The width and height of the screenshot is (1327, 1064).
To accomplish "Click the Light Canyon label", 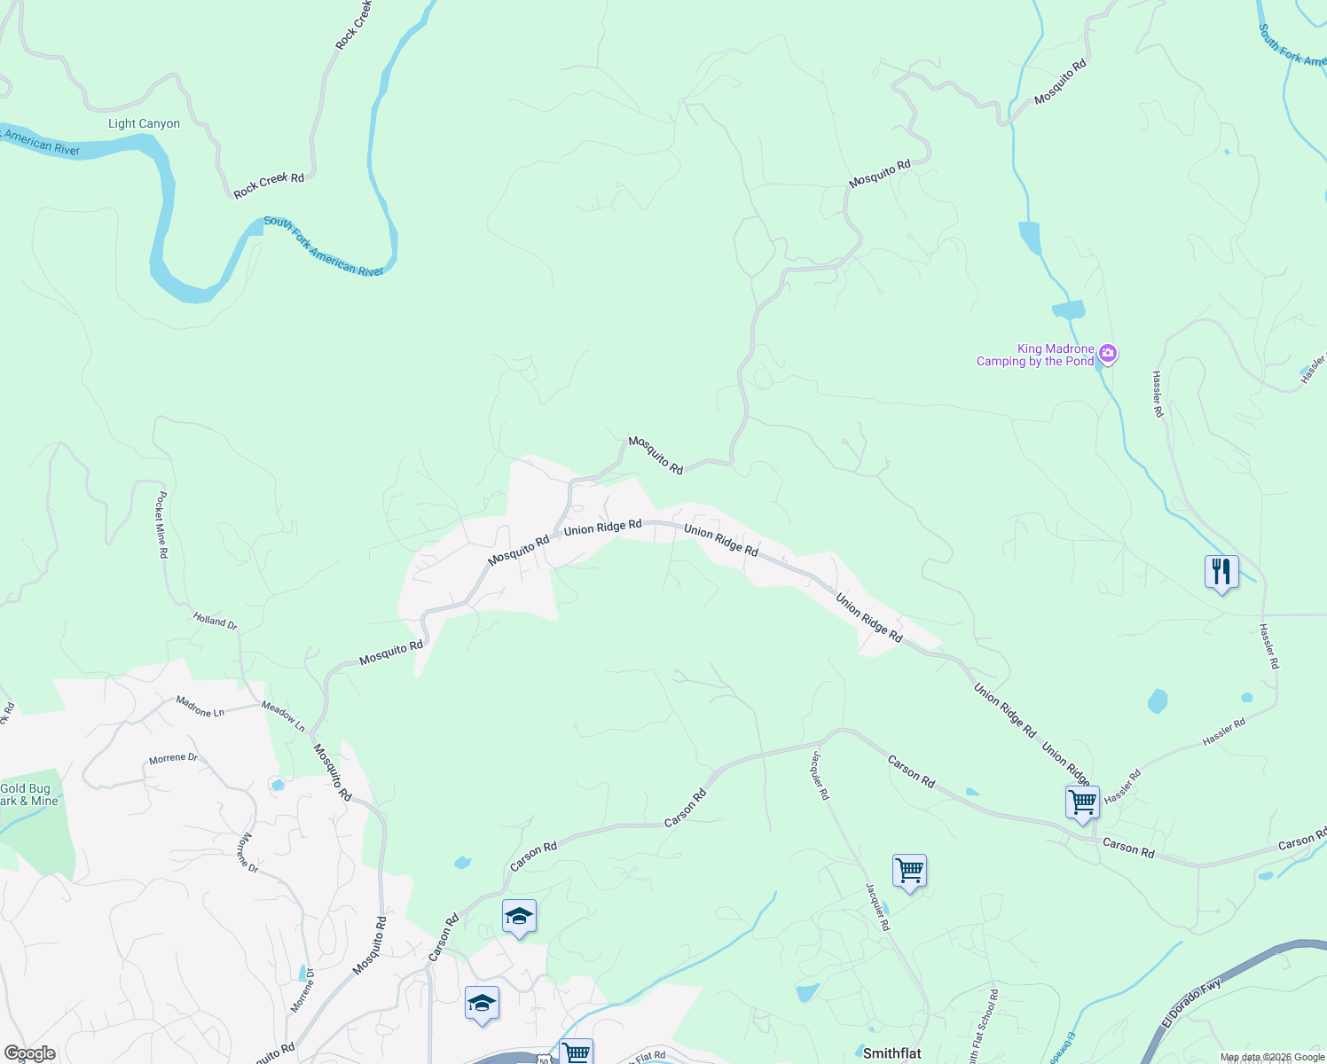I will (x=144, y=124).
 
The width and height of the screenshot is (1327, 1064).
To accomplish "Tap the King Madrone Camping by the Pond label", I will (x=1035, y=356).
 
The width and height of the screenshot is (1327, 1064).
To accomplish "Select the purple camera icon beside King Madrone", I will (x=1107, y=355).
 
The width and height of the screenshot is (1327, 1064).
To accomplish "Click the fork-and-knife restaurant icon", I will (x=1221, y=572).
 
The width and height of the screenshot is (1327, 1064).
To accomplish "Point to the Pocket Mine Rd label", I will (x=161, y=525).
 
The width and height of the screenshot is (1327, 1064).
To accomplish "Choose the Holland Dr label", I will (x=216, y=622).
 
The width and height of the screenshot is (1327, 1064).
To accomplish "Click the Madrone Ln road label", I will (x=200, y=707).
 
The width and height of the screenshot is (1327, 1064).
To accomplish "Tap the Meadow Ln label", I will (x=283, y=716).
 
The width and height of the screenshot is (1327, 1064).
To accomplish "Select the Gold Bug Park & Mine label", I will (x=28, y=794).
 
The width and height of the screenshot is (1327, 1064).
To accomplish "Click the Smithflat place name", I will (x=892, y=1053).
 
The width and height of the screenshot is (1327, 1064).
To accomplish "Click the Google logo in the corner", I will (x=29, y=1053).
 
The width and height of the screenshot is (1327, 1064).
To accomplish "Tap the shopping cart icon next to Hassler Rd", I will (x=1082, y=802).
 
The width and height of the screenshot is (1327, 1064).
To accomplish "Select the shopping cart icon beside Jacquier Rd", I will (x=909, y=871).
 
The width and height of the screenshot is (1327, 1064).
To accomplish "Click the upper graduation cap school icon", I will (x=519, y=916).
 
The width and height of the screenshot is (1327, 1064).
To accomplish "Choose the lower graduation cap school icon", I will (x=482, y=1003).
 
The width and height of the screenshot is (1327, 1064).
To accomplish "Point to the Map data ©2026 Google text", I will (x=1272, y=1057).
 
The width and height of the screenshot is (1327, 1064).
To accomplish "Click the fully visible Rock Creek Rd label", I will (x=269, y=184).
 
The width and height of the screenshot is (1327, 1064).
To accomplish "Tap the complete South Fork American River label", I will (x=324, y=246).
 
